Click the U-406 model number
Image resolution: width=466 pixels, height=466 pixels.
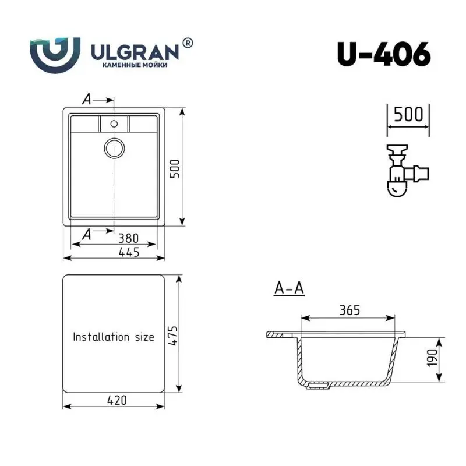tap(383, 54)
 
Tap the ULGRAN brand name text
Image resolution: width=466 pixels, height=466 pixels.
tap(135, 52)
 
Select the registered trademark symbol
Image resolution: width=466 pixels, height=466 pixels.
tap(188, 43)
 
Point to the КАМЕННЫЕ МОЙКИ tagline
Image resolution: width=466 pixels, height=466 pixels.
tap(135, 66)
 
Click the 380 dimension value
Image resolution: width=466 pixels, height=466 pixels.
tap(128, 238)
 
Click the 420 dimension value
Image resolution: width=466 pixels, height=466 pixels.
tap(116, 400)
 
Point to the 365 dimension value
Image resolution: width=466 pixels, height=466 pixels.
tap(349, 310)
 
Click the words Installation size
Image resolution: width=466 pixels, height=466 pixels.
tap(113, 337)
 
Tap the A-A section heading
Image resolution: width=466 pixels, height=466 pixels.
tap(290, 288)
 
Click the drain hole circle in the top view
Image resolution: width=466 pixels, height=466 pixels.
tap(114, 147)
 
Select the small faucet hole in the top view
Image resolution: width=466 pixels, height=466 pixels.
tap(114, 123)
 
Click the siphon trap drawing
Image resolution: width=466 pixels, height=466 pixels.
tap(405, 172)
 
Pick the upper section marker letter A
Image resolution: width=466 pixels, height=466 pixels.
tap(86, 100)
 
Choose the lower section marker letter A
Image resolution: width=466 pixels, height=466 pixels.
tap(86, 234)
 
